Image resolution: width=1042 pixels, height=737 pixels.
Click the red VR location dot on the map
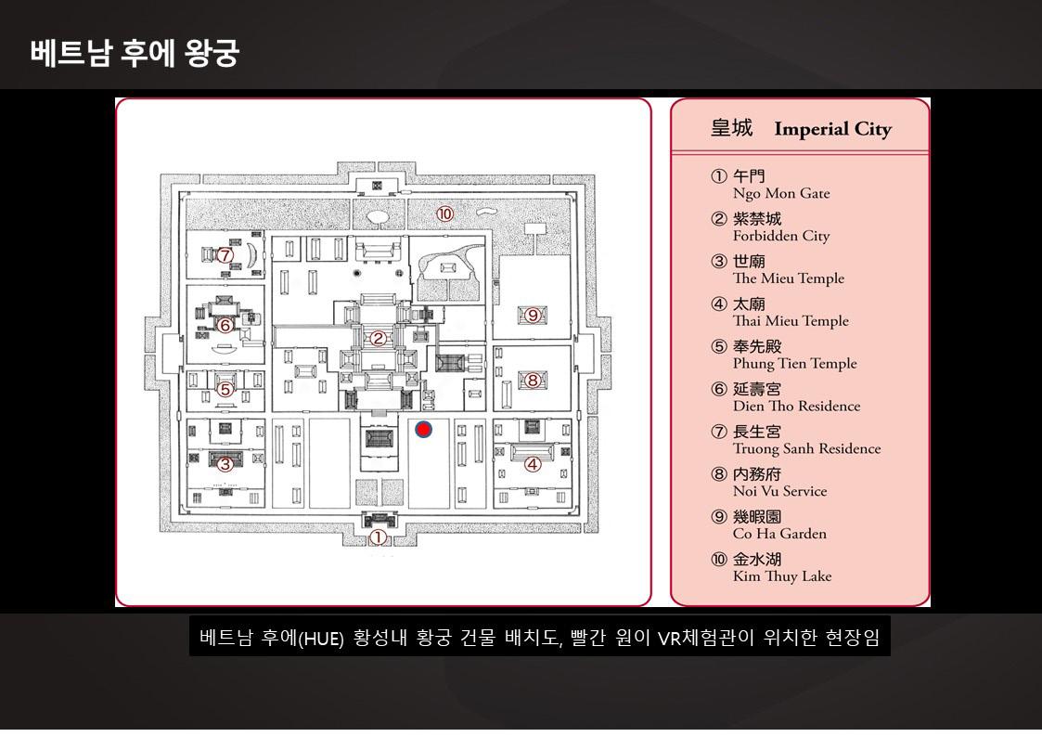point(423,430)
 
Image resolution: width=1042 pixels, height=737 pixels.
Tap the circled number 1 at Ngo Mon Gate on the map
point(378,537)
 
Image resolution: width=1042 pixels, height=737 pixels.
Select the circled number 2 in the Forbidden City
point(378,339)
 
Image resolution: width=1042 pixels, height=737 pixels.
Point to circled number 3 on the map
point(225,464)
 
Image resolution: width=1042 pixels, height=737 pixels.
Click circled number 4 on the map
point(533,464)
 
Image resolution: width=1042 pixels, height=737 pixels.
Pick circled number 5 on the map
point(225,390)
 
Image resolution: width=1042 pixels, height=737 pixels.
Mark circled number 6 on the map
point(225,325)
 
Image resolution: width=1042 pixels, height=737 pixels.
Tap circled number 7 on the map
point(225,254)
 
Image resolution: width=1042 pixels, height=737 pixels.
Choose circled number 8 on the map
point(533,380)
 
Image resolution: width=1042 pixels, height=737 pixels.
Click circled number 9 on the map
point(533,315)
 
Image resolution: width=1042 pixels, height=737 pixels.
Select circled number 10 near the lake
point(445,214)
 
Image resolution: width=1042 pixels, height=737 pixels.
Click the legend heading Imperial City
point(832,129)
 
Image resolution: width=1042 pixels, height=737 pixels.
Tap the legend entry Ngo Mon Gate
point(781,194)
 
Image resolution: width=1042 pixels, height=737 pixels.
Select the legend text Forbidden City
point(781,237)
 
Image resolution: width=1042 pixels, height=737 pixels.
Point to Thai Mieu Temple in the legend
point(791,321)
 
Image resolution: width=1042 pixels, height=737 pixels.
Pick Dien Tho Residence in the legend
point(796,407)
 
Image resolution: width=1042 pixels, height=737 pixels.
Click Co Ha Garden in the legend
point(779,534)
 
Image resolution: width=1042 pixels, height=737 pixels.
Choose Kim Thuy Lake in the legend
point(782,576)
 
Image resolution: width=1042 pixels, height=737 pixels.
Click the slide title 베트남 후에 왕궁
point(135,53)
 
